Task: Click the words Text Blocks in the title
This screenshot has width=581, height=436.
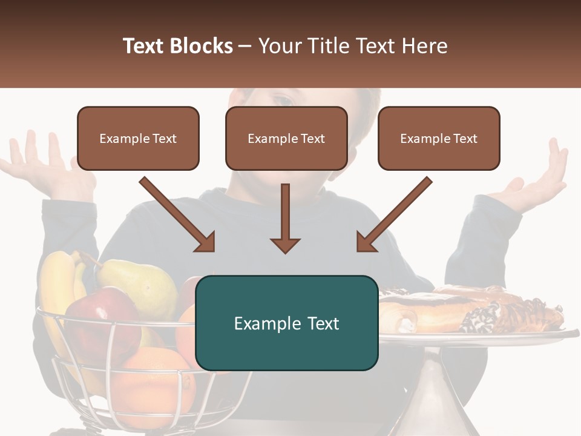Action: (178, 46)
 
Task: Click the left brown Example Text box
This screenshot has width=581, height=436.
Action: (138, 138)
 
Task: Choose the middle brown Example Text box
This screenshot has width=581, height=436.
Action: (286, 138)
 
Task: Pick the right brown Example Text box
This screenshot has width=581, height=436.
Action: (439, 138)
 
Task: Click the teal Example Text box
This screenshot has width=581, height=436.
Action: (286, 323)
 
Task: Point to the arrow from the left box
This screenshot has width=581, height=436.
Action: (178, 214)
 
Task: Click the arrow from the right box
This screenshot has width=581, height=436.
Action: (393, 214)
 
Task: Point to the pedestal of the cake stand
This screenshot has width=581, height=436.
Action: (433, 394)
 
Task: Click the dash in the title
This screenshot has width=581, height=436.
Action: (246, 47)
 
